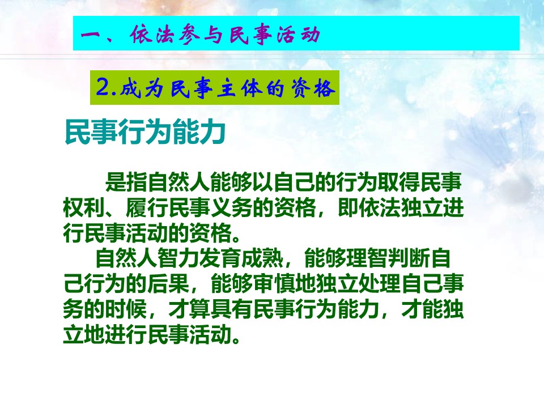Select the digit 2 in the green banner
click(x=103, y=87)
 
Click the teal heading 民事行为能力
click(x=146, y=131)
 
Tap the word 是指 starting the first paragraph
click(x=126, y=181)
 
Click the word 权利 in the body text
click(x=84, y=207)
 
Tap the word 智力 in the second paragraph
click(x=178, y=258)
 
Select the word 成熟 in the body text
click(x=262, y=258)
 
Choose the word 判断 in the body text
click(x=409, y=258)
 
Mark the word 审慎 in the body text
click(x=274, y=284)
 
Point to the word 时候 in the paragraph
click(x=126, y=309)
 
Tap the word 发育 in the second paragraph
click(x=220, y=258)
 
